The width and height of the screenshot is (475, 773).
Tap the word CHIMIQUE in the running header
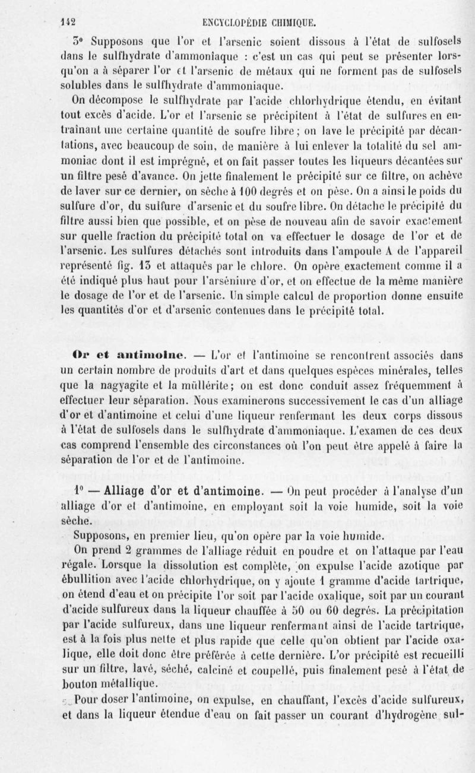(293, 24)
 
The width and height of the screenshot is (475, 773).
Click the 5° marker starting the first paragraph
(75, 41)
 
